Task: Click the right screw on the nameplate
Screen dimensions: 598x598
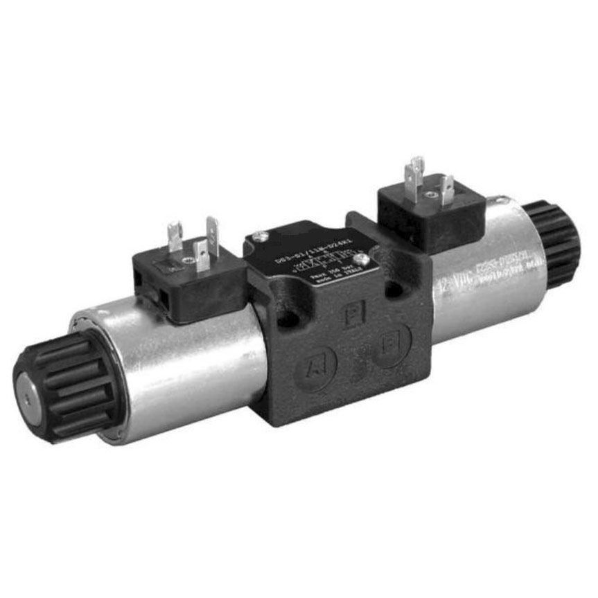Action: pyautogui.click(x=361, y=259)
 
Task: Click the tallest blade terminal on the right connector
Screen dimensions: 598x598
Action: pyautogui.click(x=416, y=177)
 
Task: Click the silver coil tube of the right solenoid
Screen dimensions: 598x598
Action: pyautogui.click(x=478, y=277)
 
